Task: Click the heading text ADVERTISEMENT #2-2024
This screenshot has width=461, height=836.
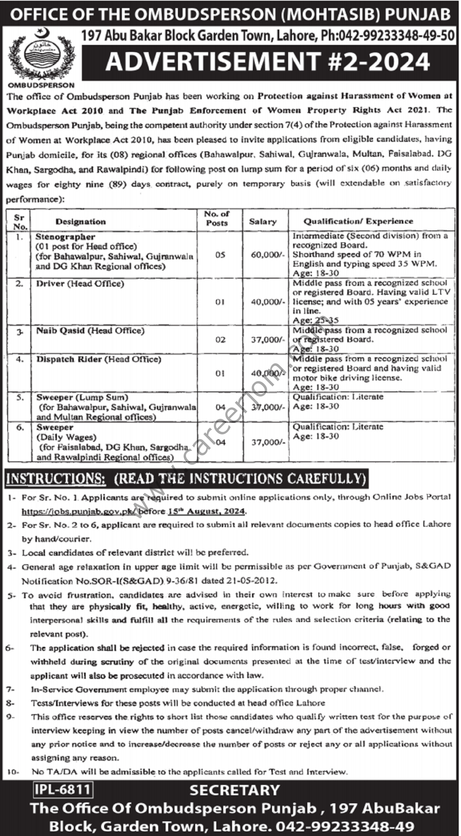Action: (x=268, y=61)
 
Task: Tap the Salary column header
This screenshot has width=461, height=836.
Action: (x=263, y=222)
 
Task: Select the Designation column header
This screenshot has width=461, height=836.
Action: (x=80, y=222)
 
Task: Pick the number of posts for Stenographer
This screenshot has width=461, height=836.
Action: (x=220, y=255)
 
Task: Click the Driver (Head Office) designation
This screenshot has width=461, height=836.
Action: (x=80, y=283)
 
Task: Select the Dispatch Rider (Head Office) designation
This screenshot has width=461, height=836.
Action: (x=99, y=359)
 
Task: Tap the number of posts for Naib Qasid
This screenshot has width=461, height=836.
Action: (x=220, y=340)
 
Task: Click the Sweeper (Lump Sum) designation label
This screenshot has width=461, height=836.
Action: (x=82, y=397)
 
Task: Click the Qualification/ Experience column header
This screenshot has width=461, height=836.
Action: (x=358, y=221)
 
